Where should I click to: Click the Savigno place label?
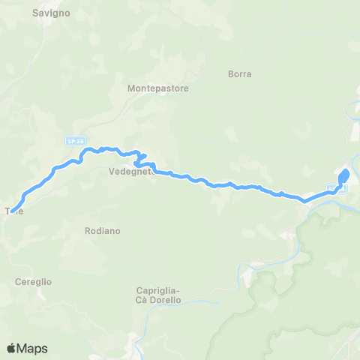pos(51,13)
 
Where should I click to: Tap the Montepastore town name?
pos(158,88)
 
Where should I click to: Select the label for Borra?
pos(239,74)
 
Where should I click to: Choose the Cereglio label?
pos(33,281)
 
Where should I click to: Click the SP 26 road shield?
pos(72,140)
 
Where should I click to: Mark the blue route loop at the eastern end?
pos(344,177)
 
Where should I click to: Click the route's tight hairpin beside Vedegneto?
pos(138,159)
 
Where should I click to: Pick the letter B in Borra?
pos(230,74)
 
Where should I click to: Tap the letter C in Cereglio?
pos(18,281)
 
